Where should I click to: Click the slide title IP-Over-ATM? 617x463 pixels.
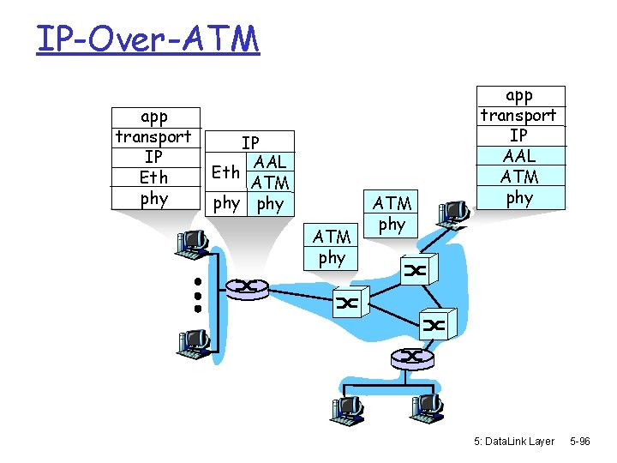click(147, 39)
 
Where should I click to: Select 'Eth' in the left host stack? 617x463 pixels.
click(154, 177)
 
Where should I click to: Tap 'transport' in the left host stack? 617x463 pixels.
click(154, 136)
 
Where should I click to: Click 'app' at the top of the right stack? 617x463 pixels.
click(519, 95)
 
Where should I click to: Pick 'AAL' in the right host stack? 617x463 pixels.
click(519, 156)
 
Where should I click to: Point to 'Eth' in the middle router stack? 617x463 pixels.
click(226, 171)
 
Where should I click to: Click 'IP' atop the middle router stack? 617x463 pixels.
click(250, 142)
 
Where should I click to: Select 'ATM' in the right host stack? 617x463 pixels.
click(519, 177)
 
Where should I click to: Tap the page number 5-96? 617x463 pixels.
click(579, 442)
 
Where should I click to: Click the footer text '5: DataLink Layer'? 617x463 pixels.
click(514, 442)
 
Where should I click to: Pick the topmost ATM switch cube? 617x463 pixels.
click(416, 271)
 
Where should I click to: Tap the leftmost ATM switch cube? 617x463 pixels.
click(348, 303)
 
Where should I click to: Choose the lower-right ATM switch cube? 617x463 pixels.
click(434, 324)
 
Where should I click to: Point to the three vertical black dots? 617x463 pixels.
click(197, 294)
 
